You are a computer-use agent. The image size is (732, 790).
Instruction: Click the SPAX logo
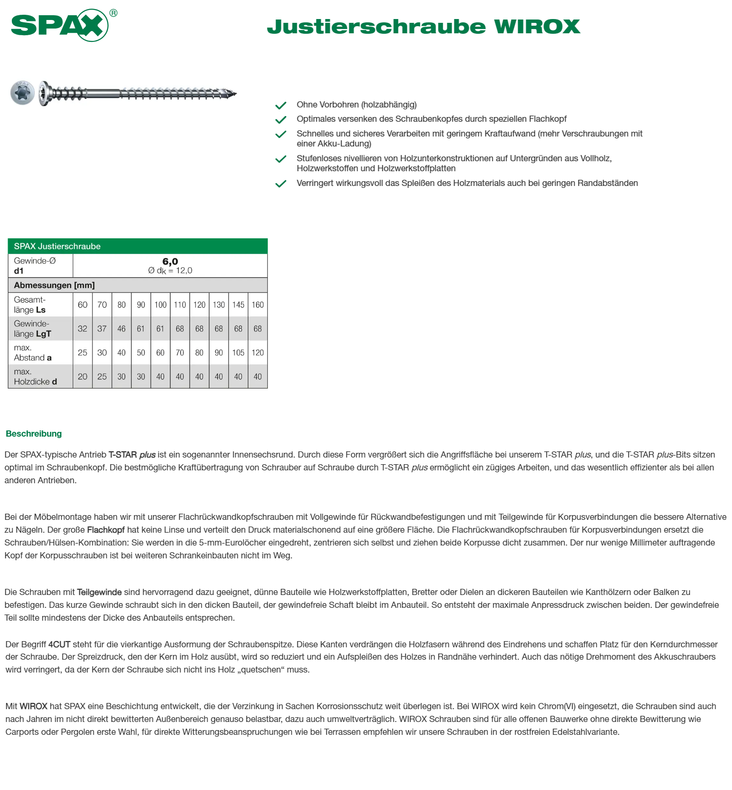pos(60,25)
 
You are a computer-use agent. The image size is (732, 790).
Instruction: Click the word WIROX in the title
pos(537,27)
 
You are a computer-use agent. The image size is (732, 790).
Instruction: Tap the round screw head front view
pos(22,92)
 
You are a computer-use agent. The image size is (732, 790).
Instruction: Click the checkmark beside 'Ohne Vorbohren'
pos(281,105)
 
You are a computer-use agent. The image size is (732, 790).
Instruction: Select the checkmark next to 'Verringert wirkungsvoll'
pos(281,184)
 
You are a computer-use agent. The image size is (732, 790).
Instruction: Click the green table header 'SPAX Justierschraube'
pos(57,246)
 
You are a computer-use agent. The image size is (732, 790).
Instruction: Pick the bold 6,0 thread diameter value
pos(170,262)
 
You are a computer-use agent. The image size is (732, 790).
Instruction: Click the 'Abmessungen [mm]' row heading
pos(54,285)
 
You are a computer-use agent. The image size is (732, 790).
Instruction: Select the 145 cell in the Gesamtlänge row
pos(238,305)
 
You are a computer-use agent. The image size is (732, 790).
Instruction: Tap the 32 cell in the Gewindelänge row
pos(83,329)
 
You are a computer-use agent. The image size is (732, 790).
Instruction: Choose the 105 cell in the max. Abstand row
pos(238,353)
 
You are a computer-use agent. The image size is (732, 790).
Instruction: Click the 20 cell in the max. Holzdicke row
pos(83,377)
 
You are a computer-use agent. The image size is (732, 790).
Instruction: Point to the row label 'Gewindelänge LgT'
pos(32,329)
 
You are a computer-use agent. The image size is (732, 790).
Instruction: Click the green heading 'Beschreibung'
pos(34,434)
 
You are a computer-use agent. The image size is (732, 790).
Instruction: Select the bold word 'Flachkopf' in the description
pos(106,530)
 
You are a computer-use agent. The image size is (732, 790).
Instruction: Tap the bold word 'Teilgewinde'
pos(99,592)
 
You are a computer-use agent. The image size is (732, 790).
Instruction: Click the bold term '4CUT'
pos(59,644)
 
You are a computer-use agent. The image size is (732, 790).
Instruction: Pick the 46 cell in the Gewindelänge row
pos(122,329)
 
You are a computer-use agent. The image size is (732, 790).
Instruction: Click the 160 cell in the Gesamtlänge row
pos(258,305)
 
